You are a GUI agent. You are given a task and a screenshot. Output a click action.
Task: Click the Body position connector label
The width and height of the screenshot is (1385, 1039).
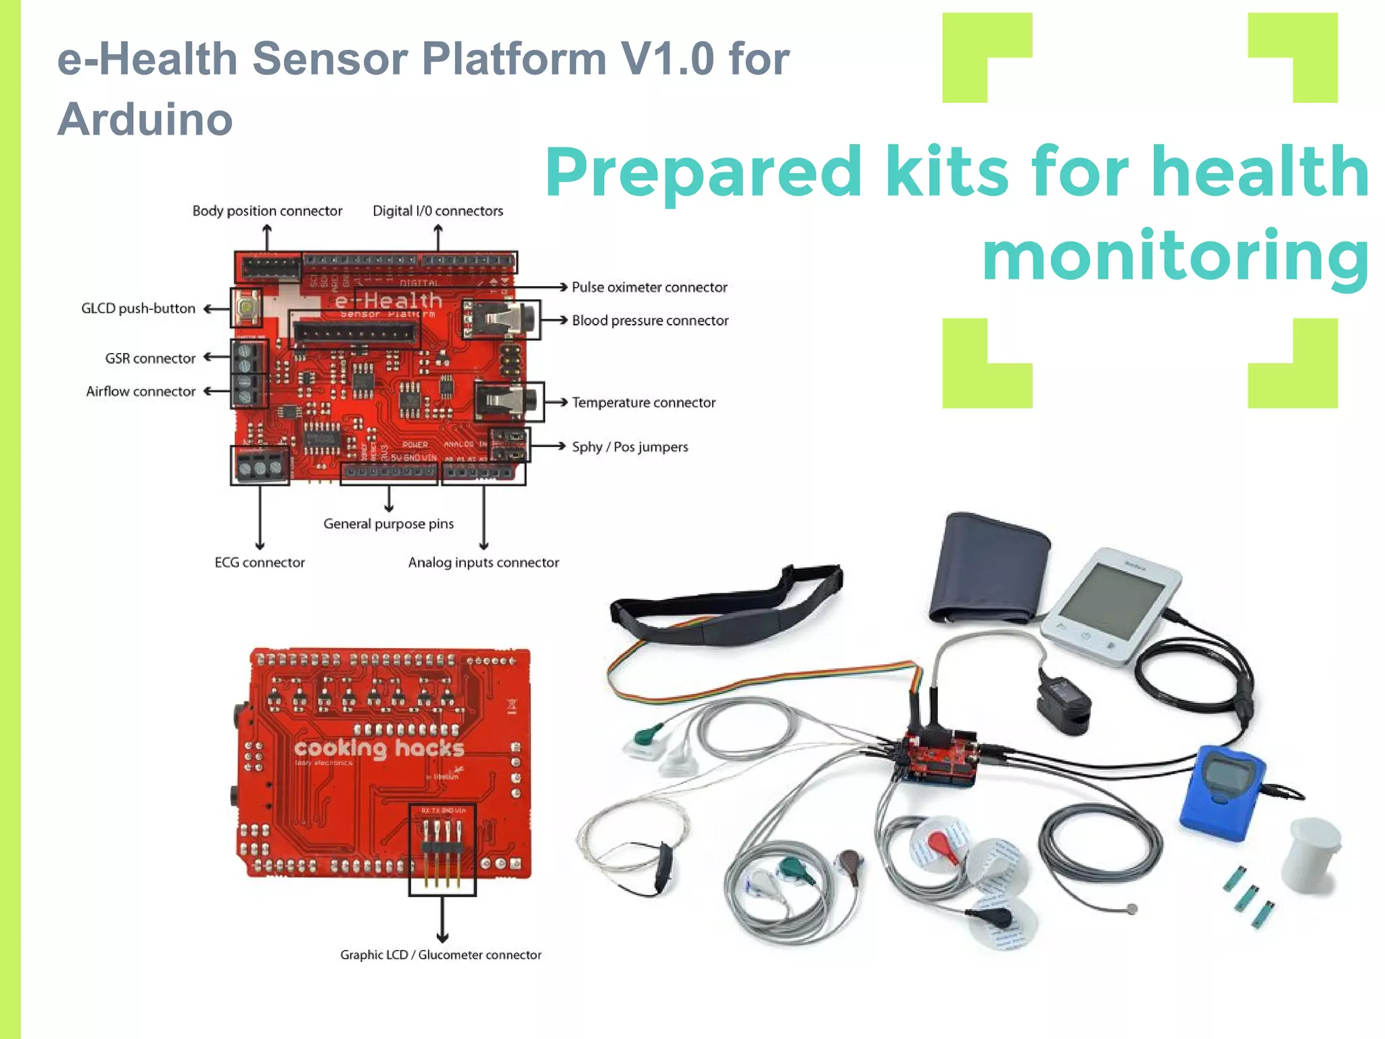(267, 211)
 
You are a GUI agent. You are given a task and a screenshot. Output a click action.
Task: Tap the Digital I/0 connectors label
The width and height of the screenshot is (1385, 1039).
(438, 211)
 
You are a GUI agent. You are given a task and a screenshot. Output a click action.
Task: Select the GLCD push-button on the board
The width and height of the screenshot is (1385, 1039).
(247, 308)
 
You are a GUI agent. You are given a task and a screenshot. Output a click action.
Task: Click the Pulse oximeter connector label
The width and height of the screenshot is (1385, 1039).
(649, 287)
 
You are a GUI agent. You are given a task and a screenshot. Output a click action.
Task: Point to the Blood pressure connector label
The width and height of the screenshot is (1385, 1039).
(650, 321)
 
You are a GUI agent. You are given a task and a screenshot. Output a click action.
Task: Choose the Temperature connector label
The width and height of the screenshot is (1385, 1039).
(643, 402)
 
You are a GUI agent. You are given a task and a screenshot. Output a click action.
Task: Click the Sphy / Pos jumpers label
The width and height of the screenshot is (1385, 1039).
(630, 447)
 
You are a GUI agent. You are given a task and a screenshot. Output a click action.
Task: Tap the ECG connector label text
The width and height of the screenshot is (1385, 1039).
(260, 563)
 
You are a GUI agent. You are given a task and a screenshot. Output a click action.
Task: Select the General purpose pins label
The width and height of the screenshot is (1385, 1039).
(388, 524)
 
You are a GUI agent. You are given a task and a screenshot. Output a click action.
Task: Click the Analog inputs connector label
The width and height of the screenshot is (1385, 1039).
(484, 563)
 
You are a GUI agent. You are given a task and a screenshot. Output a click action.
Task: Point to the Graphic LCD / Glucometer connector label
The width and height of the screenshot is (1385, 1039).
(440, 955)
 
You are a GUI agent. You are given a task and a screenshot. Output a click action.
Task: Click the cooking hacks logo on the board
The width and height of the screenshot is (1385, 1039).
(379, 749)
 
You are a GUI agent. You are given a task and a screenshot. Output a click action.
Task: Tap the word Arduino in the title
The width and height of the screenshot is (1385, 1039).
(145, 120)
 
